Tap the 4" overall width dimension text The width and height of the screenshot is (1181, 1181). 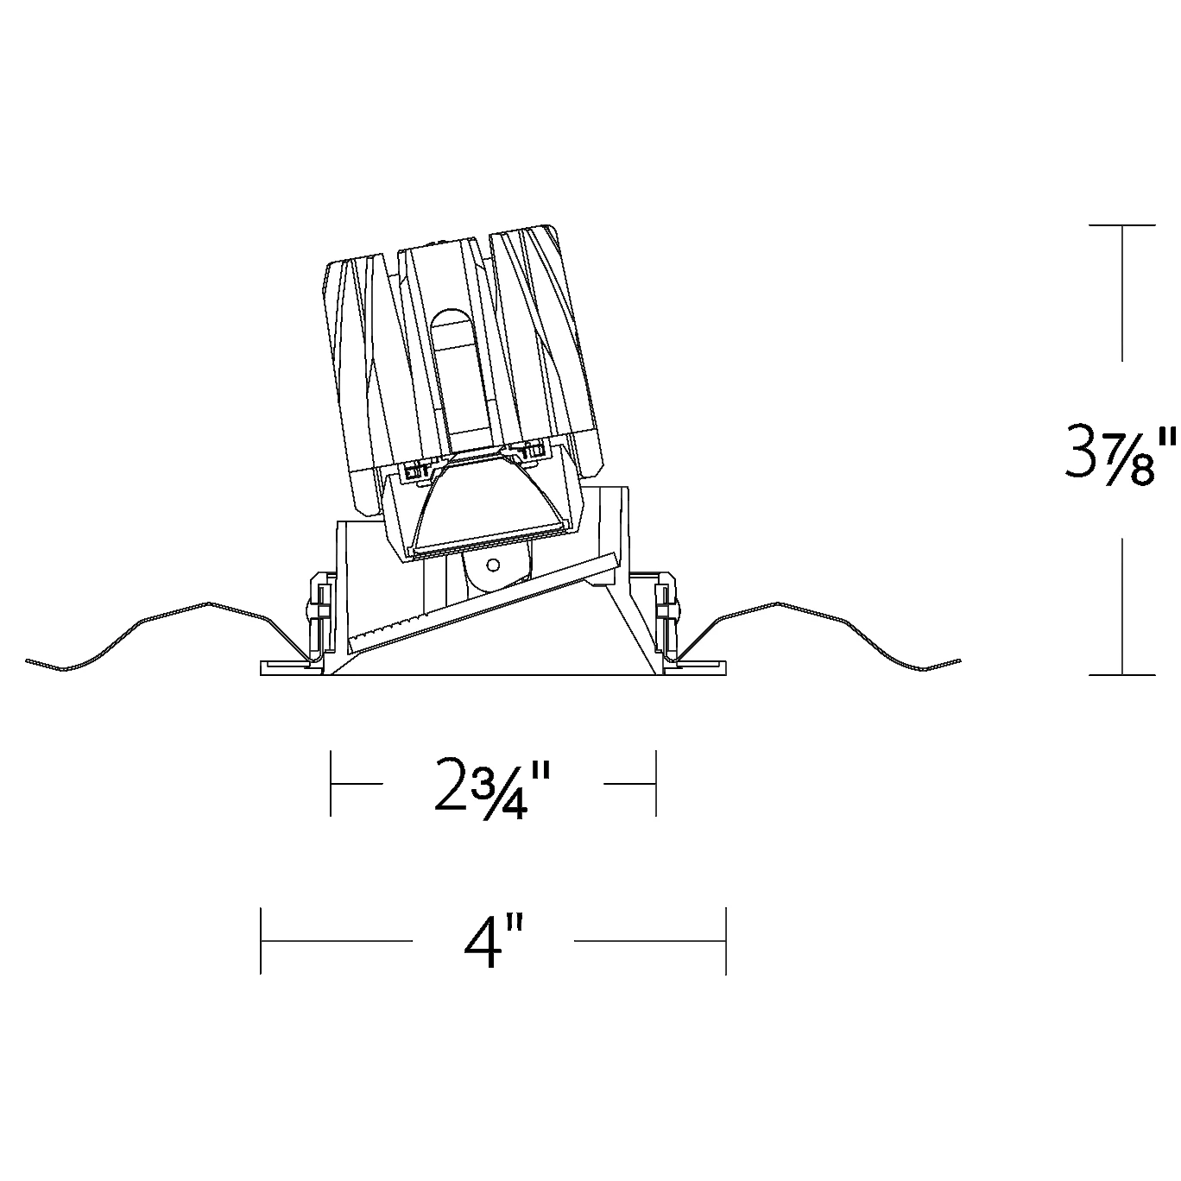pos(493,941)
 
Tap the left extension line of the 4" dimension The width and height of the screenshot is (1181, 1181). pos(261,941)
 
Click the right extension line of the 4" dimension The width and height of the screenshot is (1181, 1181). pos(726,941)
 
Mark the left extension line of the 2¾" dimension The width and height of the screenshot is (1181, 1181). pos(331,783)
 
